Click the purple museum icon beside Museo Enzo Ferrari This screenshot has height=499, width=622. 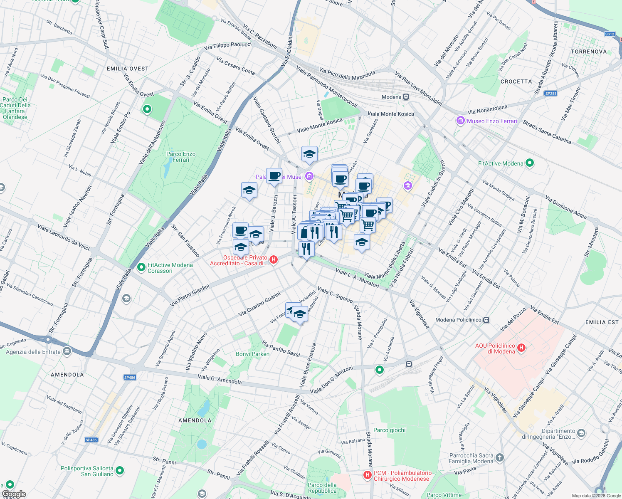tap(460, 121)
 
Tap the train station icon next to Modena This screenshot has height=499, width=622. tap(406, 97)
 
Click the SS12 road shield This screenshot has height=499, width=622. tap(610, 34)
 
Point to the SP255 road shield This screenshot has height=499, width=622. tap(550, 94)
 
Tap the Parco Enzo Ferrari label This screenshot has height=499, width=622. tap(181, 157)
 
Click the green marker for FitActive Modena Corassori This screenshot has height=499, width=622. tap(141, 267)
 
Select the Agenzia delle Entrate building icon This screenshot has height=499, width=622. tap(67, 352)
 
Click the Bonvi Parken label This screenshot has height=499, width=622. tap(252, 354)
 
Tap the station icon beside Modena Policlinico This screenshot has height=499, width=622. tap(486, 320)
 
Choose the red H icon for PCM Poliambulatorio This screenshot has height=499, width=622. tap(367, 475)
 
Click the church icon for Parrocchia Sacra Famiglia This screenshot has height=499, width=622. tap(500, 458)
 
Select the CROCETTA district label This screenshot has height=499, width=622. tap(516, 82)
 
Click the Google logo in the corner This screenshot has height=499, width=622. tap(14, 494)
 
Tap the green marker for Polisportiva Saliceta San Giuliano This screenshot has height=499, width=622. tap(120, 471)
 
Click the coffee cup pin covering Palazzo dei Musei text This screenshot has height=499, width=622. tap(274, 176)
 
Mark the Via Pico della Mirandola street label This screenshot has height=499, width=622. tap(347, 74)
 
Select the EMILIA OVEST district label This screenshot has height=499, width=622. tap(128, 69)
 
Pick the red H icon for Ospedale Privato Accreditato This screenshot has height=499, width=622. tap(274, 260)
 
